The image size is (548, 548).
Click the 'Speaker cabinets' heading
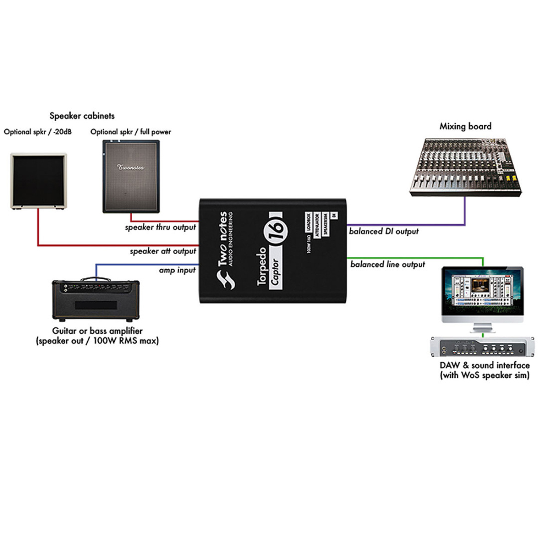click(x=82, y=116)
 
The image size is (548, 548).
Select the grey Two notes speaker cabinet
click(x=131, y=176)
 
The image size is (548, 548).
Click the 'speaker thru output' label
click(x=160, y=227)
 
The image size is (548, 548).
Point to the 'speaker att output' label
click(x=163, y=251)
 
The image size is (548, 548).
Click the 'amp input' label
click(x=177, y=270)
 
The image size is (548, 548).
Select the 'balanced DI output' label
click(x=384, y=231)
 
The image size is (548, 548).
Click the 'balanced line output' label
click(x=388, y=264)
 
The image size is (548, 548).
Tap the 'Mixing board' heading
click(x=465, y=126)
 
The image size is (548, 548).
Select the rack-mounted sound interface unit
click(x=482, y=346)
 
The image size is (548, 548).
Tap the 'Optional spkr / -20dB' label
click(x=38, y=132)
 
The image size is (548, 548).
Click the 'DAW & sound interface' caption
click(x=484, y=365)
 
